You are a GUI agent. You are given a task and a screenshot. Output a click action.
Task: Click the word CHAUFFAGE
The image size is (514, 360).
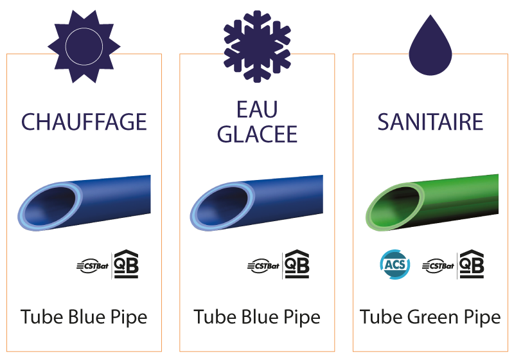[x=84, y=122]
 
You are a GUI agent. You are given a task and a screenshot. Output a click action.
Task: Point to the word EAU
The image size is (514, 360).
[x=256, y=110]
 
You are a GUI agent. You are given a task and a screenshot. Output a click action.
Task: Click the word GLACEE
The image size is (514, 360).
[x=257, y=134]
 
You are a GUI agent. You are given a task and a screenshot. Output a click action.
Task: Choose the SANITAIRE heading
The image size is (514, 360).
[x=430, y=122]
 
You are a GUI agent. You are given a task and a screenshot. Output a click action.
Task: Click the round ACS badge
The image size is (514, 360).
[x=392, y=264]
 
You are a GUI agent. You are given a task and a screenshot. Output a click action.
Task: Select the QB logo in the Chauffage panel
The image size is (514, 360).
[x=125, y=264]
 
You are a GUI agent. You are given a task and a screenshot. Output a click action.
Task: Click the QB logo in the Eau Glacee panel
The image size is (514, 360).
[x=297, y=264]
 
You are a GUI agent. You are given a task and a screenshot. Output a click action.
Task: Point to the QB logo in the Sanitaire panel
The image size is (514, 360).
[x=471, y=264]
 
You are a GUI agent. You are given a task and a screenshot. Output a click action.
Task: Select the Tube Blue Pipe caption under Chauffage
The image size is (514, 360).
[x=84, y=318]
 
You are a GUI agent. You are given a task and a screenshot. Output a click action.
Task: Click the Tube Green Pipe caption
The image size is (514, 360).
[x=430, y=318]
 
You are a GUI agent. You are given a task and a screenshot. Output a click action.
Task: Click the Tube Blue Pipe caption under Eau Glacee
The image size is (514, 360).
[x=257, y=318]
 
